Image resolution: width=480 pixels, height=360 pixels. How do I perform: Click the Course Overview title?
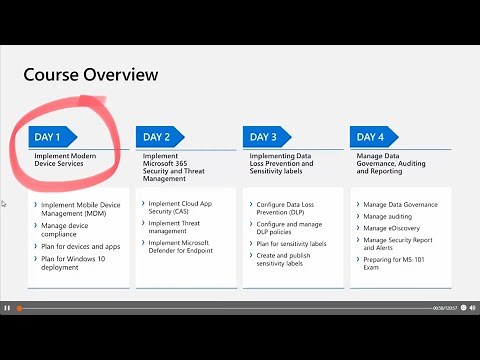[x=90, y=74]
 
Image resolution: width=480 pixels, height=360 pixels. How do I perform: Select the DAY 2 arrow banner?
[x=160, y=136]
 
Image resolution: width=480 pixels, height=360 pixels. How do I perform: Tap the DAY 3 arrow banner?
[x=267, y=136]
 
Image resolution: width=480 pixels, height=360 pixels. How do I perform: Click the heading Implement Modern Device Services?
[x=66, y=160]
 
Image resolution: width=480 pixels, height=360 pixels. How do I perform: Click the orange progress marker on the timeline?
[x=19, y=308]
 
